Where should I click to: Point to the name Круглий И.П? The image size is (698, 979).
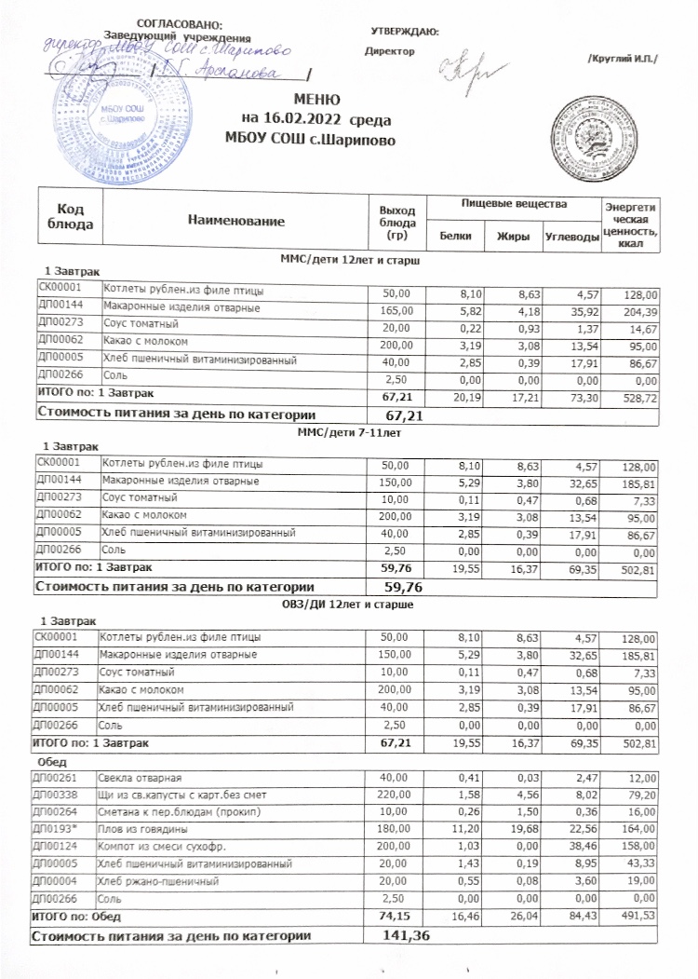coord(623,60)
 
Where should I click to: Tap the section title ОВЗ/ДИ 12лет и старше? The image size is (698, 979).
coord(348,604)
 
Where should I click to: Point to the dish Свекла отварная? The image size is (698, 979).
coord(142,778)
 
